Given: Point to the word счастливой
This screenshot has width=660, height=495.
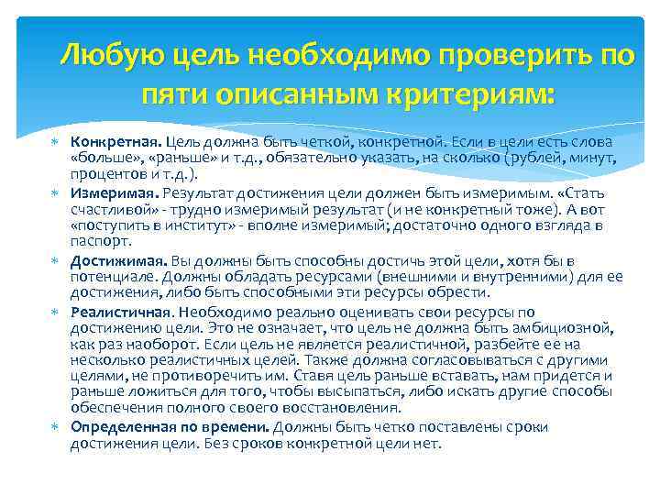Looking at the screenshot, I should tap(110, 210).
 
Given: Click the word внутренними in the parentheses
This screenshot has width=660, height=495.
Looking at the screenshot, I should tap(492, 277).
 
